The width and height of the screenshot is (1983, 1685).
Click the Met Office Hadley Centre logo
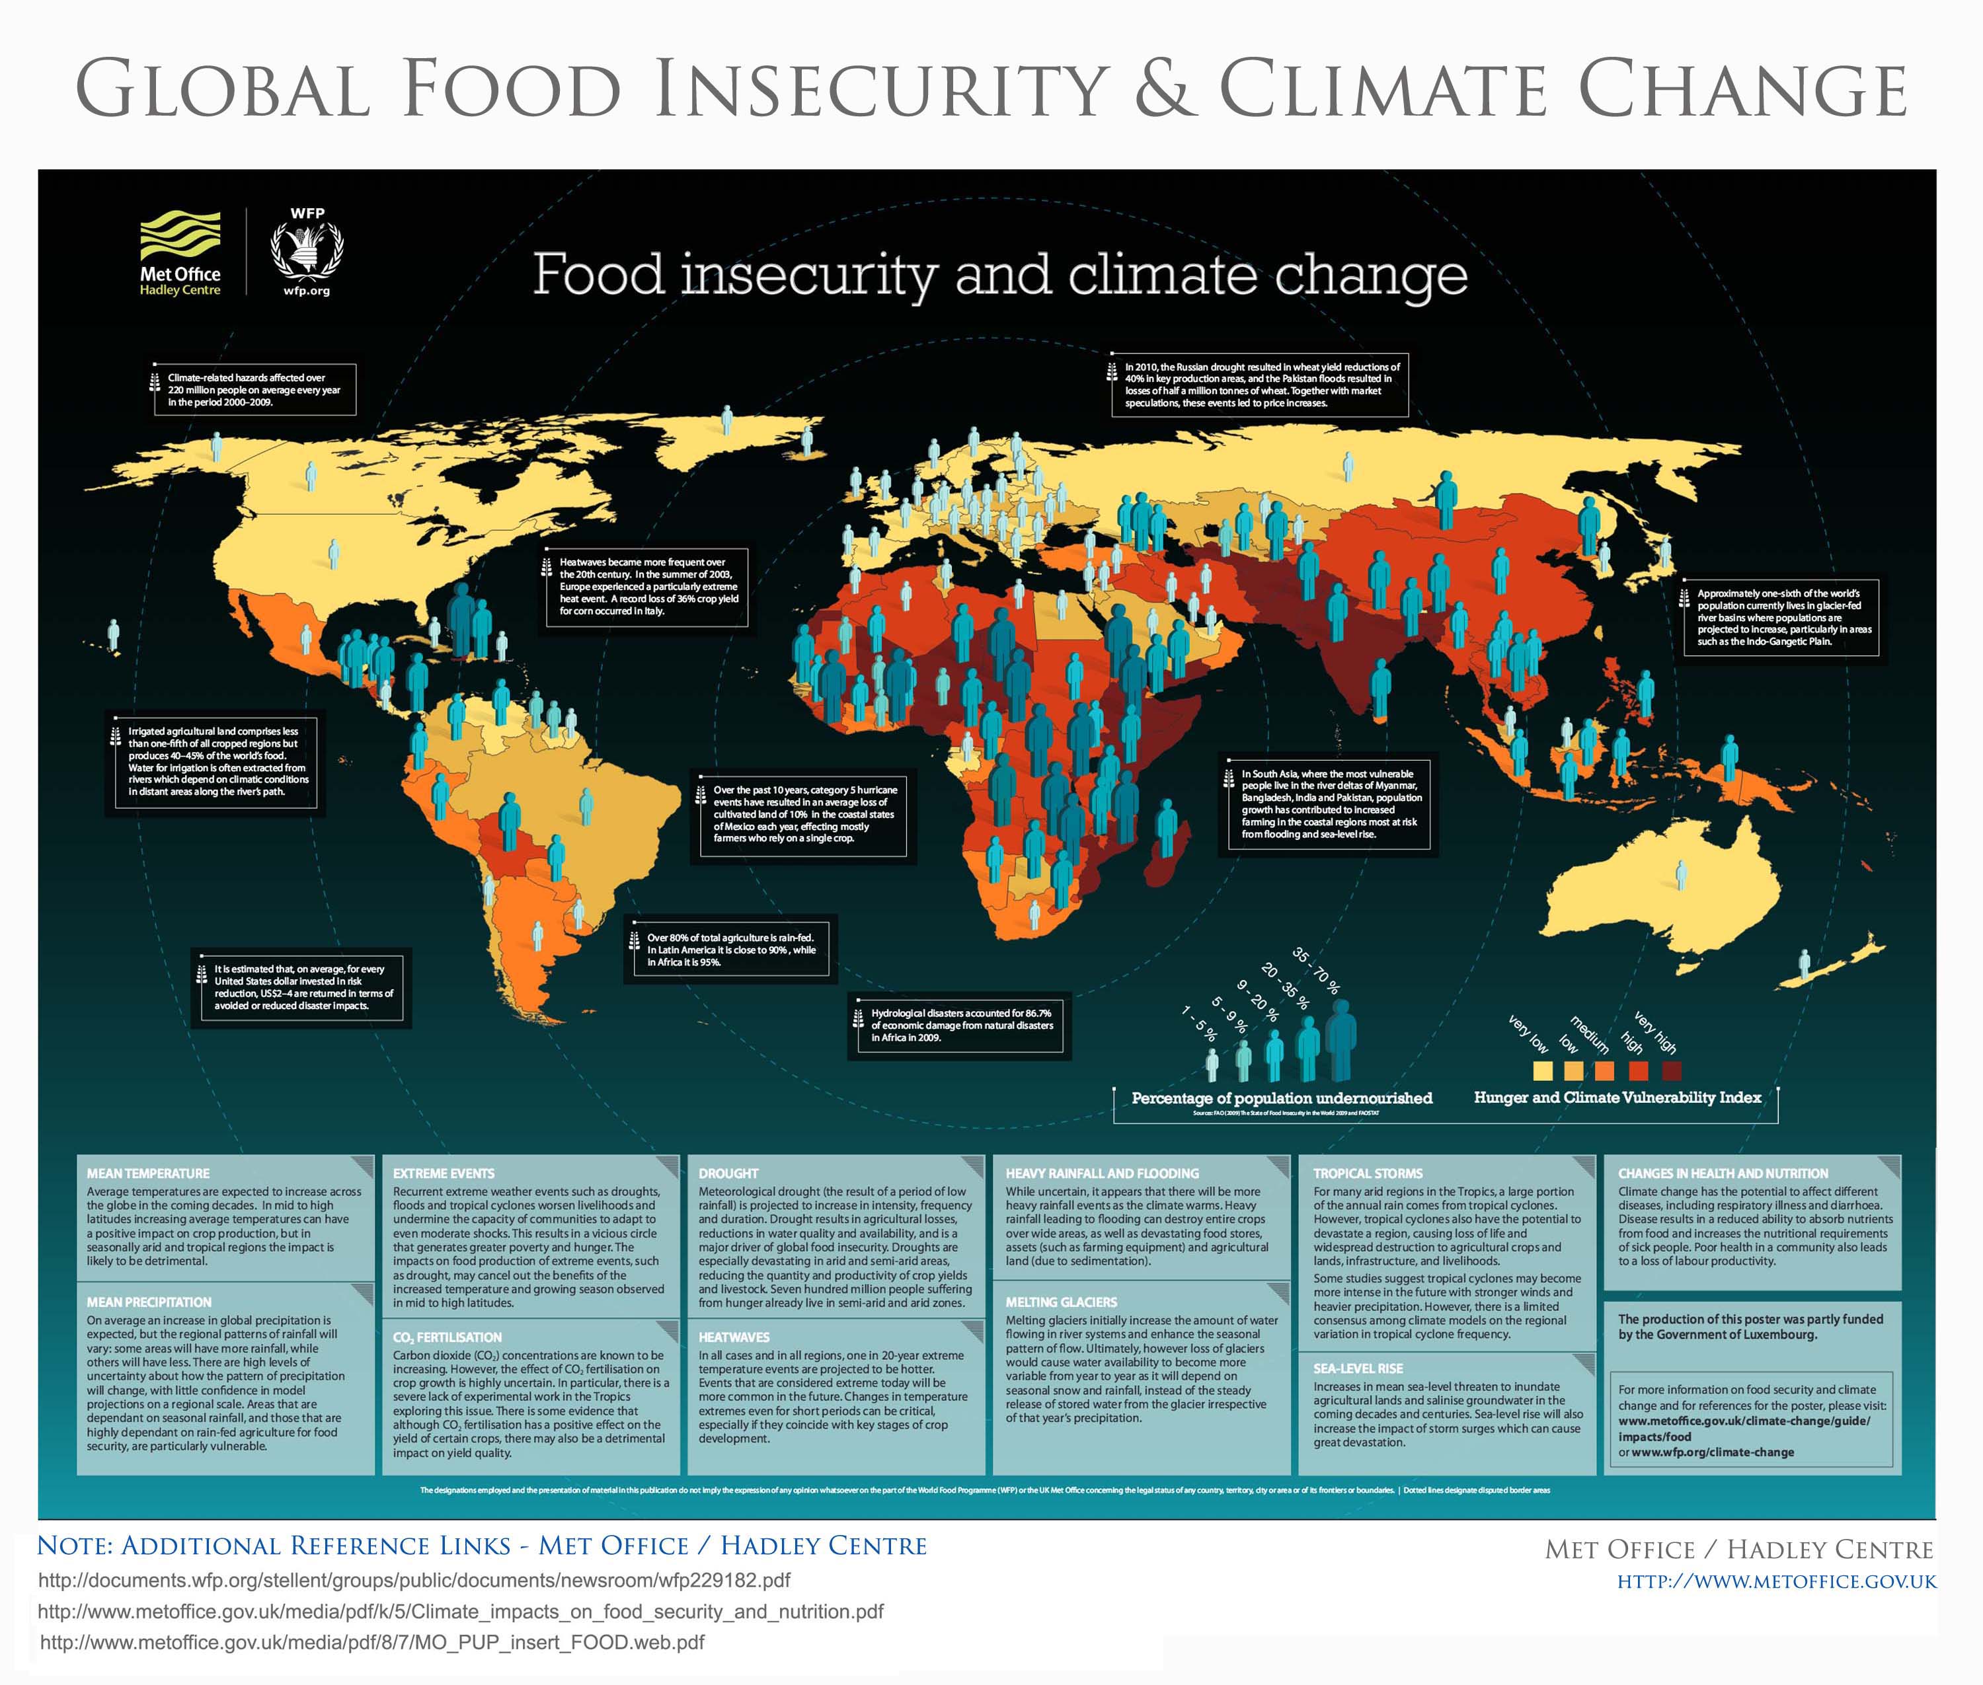[180, 253]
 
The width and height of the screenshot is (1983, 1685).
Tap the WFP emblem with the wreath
[307, 253]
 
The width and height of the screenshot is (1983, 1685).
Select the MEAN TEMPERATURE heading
[148, 1173]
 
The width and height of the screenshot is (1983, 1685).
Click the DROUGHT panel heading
[728, 1173]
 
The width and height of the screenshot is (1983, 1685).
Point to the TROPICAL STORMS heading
[1368, 1173]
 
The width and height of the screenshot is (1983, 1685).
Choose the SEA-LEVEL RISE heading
[1357, 1368]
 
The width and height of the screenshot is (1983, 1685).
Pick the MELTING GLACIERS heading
[1061, 1302]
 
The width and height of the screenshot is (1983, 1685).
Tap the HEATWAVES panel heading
[733, 1337]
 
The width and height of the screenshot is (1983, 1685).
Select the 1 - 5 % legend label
[1198, 1023]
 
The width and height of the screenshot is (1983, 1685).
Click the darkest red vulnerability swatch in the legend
[1672, 1070]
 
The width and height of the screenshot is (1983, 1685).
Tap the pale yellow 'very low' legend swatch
[1541, 1070]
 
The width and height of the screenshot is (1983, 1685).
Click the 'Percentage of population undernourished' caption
[1282, 1098]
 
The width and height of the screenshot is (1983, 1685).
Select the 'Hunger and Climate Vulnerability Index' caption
[1617, 1098]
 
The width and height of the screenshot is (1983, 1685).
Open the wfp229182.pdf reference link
[414, 1580]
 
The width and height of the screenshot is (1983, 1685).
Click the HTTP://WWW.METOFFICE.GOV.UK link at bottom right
[1775, 1582]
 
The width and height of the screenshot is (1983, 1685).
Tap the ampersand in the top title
[1162, 89]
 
